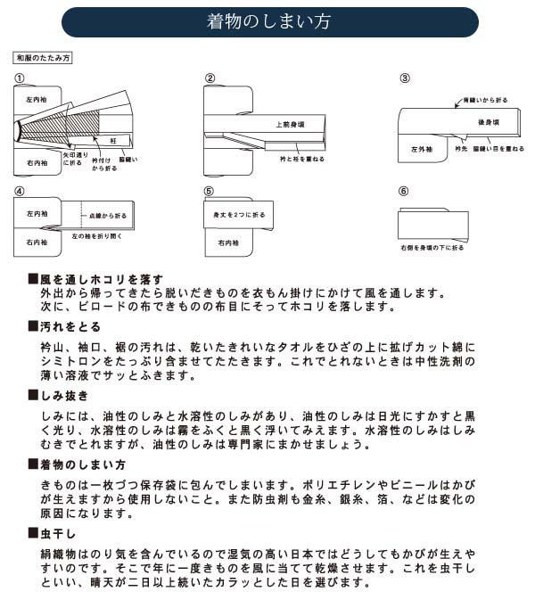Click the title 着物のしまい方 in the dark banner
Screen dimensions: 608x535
(x=267, y=21)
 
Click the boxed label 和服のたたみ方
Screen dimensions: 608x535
(x=43, y=58)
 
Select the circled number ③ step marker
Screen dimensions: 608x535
(x=404, y=78)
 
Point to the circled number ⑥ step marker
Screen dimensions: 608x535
(x=403, y=191)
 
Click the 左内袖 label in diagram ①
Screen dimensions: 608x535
(x=37, y=100)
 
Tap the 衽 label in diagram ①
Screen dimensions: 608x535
(x=114, y=141)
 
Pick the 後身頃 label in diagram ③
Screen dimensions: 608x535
(x=487, y=120)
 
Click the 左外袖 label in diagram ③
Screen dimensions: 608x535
(x=422, y=149)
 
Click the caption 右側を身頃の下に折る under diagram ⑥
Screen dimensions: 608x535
(x=432, y=247)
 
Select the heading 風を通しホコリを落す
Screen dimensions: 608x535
(x=101, y=279)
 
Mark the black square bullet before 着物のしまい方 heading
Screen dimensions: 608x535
(x=33, y=465)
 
